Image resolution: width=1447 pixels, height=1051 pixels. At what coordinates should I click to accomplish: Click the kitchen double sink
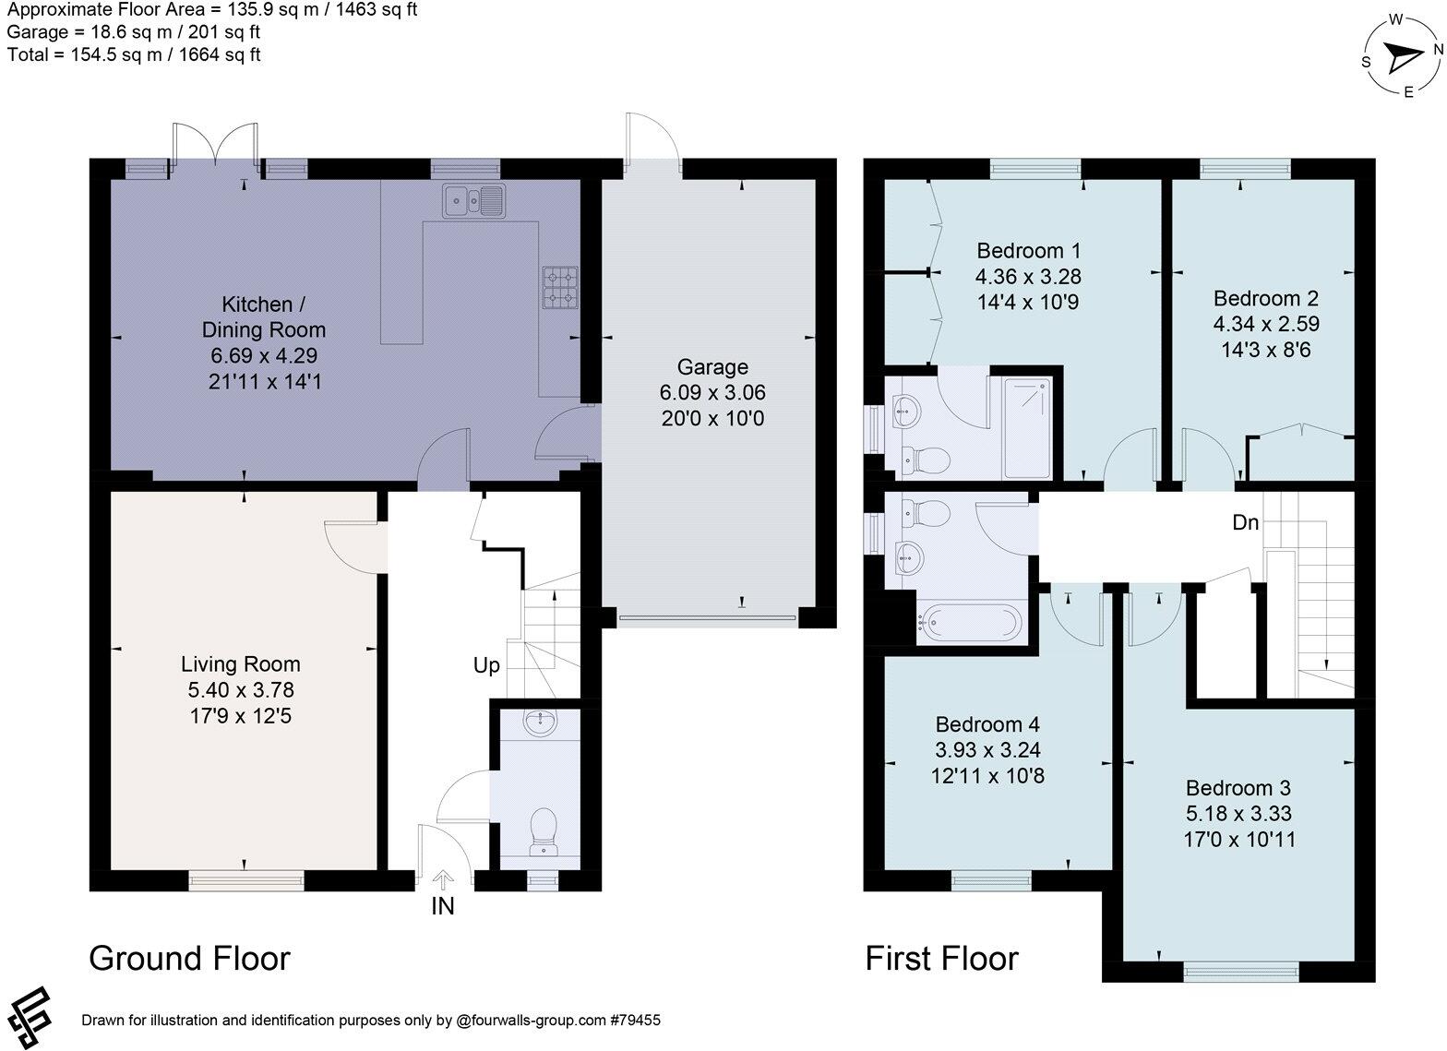click(474, 200)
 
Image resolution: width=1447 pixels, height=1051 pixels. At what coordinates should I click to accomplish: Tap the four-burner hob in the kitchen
click(560, 288)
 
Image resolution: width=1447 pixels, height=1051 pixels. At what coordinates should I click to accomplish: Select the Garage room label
click(712, 367)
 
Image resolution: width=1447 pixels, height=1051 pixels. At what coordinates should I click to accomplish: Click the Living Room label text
click(240, 664)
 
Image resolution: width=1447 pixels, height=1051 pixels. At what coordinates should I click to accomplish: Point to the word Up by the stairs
click(486, 666)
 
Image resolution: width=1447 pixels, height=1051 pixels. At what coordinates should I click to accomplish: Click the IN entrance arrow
click(443, 879)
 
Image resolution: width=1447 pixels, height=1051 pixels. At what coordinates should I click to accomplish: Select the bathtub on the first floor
click(969, 622)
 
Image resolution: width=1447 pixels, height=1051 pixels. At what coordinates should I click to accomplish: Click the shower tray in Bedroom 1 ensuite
click(1027, 428)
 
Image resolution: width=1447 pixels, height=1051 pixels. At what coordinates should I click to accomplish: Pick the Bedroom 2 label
click(1265, 298)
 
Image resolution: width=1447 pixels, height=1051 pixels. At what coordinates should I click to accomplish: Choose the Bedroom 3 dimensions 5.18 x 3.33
click(1238, 813)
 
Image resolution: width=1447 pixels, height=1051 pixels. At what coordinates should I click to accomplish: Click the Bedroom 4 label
click(987, 724)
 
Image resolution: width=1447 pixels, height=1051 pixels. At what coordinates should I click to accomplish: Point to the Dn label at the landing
click(1246, 522)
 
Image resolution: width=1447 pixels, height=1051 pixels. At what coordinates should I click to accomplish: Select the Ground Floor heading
click(189, 958)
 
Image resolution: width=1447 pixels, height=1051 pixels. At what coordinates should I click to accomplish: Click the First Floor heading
click(941, 958)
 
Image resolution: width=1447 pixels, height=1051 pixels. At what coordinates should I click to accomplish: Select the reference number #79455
click(635, 1020)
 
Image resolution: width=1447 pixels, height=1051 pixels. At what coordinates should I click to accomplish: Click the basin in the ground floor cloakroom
click(540, 723)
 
